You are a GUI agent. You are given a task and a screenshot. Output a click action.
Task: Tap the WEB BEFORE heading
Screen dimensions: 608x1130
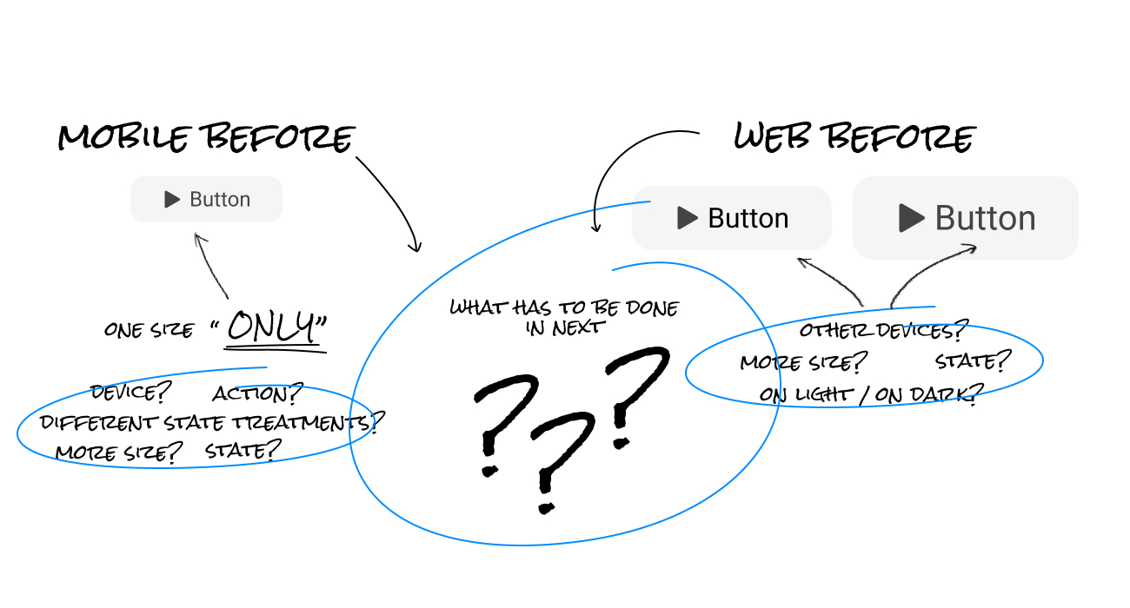[854, 137]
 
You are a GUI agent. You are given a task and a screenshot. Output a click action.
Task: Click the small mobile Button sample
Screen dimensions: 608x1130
[206, 200]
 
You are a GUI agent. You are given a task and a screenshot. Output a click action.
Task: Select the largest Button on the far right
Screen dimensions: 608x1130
[965, 218]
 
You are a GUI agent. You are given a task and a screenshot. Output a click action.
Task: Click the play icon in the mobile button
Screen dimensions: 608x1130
[172, 200]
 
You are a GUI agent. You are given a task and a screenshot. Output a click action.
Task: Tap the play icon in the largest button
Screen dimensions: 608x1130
[911, 218]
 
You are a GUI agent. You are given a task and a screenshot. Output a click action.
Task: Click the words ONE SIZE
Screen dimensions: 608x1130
[149, 329]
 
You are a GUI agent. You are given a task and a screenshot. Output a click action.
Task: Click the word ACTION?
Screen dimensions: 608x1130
[257, 394]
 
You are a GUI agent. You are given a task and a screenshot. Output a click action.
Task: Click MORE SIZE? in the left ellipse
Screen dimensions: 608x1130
[119, 452]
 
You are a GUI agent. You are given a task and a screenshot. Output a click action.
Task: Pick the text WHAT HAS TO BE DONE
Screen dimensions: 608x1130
[564, 307]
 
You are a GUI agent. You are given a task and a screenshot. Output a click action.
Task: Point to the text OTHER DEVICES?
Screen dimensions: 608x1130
[883, 331]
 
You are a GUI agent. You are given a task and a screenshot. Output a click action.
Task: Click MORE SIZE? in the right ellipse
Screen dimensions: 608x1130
[804, 362]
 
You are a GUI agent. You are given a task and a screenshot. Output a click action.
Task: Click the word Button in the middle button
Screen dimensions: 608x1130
[748, 218]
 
